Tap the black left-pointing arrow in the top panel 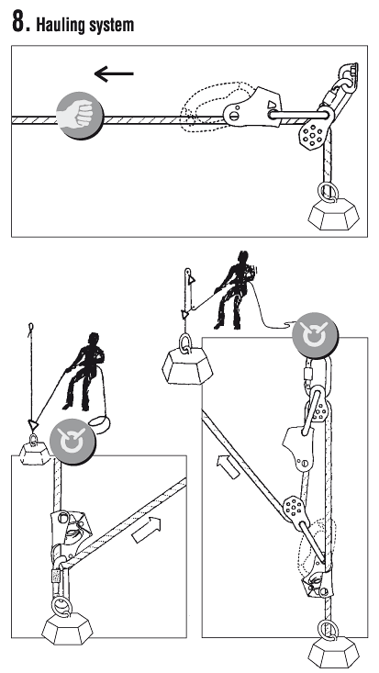(114, 73)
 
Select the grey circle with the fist (80, 116)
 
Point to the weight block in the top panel (333, 214)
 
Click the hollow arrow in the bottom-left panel (146, 530)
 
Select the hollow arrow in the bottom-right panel (228, 467)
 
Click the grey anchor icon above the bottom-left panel (72, 442)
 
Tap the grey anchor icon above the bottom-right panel (315, 335)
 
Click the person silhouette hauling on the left (84, 371)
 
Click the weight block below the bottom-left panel (67, 628)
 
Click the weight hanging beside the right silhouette (187, 365)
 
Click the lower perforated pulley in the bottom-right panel (294, 508)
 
